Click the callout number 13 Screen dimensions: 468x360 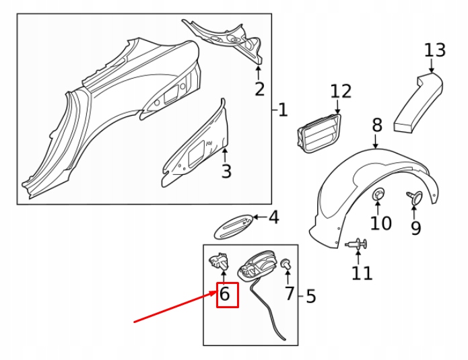(435, 50)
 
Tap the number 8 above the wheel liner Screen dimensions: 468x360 (377, 125)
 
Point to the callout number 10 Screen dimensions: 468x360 (380, 223)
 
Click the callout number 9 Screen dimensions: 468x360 (415, 228)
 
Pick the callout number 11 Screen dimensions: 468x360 (362, 273)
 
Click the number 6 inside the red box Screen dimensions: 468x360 (224, 293)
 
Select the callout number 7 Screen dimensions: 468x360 (289, 293)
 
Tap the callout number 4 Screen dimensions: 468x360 (273, 217)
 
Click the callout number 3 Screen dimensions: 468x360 (226, 171)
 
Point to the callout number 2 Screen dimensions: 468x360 (259, 89)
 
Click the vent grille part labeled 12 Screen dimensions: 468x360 (319, 133)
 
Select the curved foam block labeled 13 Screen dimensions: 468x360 (418, 102)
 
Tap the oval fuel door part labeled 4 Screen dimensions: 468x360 (234, 227)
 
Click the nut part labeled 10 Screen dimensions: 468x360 (378, 194)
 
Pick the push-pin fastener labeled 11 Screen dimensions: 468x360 (356, 244)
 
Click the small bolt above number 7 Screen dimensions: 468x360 (286, 264)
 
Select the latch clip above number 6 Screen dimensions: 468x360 (219, 261)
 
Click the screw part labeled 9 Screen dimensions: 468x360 (415, 197)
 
